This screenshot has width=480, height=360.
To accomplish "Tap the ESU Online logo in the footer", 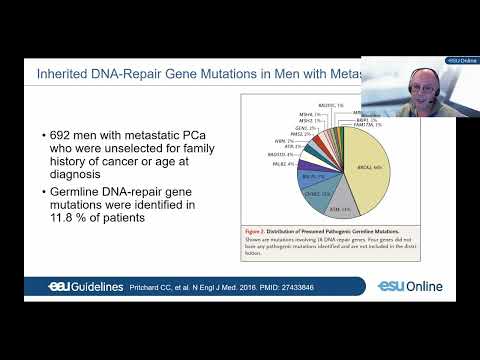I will click(x=410, y=287).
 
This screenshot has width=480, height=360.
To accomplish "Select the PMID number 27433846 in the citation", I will click(x=302, y=288).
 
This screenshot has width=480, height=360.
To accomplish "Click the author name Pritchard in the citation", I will click(x=144, y=288).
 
